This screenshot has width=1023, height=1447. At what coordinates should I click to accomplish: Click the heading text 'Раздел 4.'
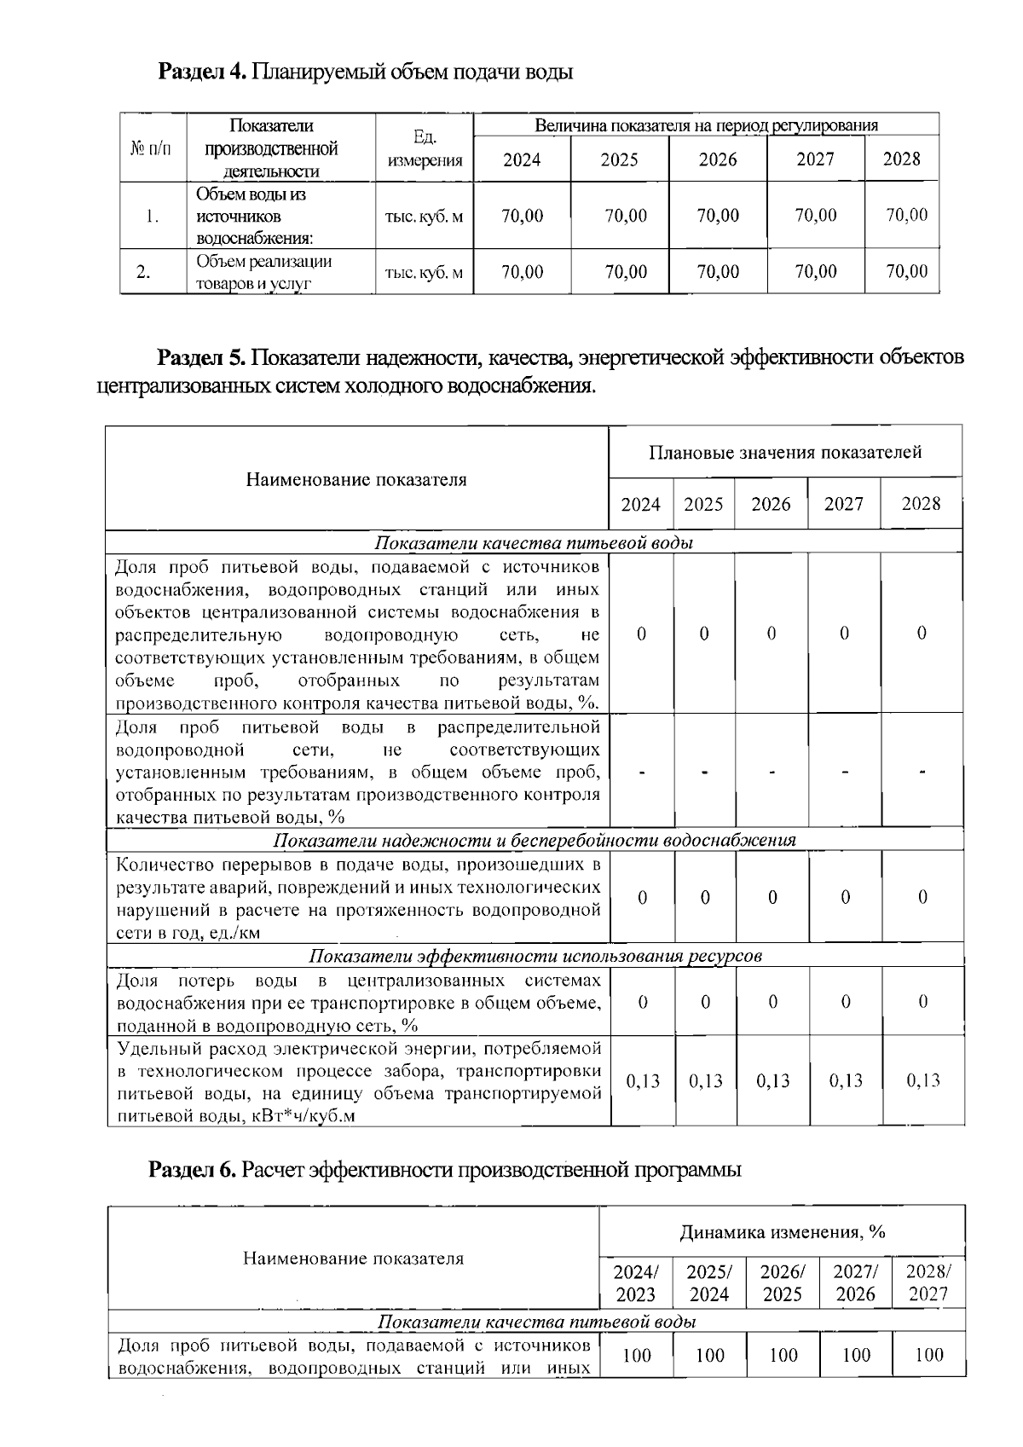203,72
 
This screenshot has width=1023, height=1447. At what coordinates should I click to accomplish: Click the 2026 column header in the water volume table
718,159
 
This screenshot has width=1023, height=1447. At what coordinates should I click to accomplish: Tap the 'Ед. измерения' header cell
425,148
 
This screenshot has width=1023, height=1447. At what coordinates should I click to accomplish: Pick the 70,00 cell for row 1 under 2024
522,216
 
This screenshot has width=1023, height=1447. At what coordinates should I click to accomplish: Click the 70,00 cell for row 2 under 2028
906,272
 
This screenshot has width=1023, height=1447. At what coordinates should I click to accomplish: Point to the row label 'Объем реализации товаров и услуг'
264,273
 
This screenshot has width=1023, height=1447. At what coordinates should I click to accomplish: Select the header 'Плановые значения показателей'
785,452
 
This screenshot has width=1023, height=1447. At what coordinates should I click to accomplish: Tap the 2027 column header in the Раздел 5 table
844,504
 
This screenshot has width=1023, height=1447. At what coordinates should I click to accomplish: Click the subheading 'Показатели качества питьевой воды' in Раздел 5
534,543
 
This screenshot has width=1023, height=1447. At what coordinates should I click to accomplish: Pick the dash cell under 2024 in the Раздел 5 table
642,773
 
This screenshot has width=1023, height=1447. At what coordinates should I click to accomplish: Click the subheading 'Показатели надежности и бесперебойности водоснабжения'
534,840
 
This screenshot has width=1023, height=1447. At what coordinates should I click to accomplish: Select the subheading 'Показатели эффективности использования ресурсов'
534,956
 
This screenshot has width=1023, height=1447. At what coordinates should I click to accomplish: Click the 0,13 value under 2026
772,1081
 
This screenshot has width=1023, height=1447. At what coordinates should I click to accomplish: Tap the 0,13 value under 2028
922,1081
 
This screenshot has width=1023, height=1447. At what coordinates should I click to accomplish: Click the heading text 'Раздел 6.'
192,1170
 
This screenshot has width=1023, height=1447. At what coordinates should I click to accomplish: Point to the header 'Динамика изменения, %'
782,1232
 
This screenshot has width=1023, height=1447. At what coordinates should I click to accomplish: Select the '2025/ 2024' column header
709,1283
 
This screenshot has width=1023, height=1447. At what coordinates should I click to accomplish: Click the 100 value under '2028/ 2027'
928,1355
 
